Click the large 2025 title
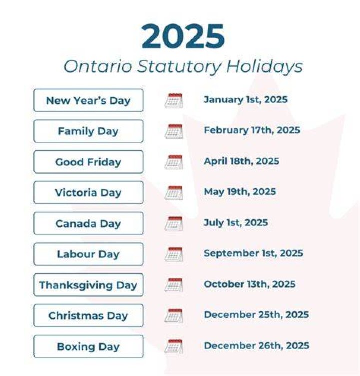183,36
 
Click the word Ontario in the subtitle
98,66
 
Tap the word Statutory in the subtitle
179,67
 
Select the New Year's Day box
88,100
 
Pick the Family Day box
88,131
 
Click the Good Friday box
88,162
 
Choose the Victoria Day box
88,193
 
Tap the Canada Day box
88,223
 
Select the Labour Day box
88,254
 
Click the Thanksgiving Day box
88,285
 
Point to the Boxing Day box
88,346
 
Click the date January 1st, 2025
245,100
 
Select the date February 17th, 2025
252,130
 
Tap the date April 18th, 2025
242,161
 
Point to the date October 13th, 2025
250,284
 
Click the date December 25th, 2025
256,315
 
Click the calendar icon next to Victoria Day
174,193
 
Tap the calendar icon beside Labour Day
174,254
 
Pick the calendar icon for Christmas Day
174,316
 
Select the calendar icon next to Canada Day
174,223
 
